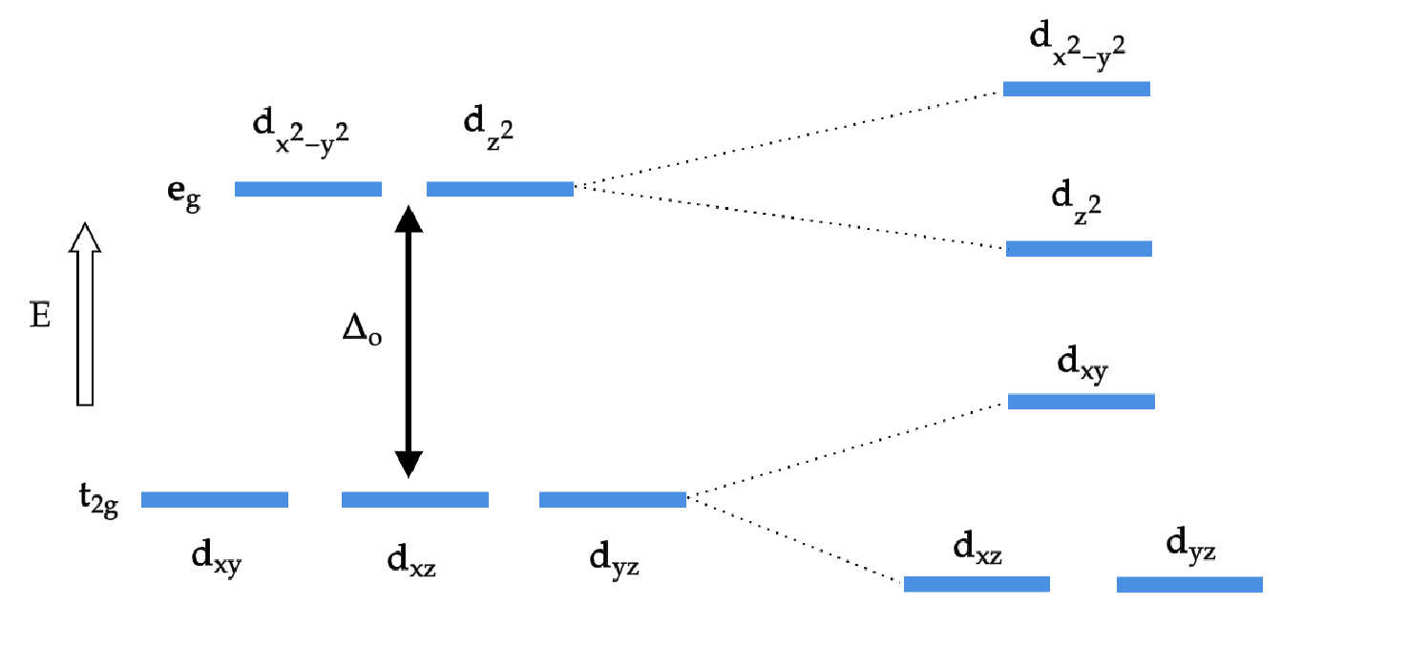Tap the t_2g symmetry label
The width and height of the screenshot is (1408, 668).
tap(98, 500)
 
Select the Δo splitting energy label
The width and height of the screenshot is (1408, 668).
tap(362, 329)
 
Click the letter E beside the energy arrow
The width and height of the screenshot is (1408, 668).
tap(40, 315)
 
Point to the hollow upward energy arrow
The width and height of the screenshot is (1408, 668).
tap(85, 314)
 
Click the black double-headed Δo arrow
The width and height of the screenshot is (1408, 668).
tap(409, 342)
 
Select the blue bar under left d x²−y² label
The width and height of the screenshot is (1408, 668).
tap(308, 189)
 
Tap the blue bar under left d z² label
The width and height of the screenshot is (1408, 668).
tap(500, 189)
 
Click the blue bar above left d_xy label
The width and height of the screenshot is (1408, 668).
tap(215, 500)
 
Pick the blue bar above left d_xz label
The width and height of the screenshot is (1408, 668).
tap(415, 500)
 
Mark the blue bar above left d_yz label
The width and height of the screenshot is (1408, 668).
tap(613, 500)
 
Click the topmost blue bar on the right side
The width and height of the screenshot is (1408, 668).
tap(1077, 89)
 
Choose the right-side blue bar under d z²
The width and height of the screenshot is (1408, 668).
tap(1080, 248)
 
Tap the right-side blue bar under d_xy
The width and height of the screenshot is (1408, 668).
tap(1082, 401)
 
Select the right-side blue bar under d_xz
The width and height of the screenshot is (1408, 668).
tap(977, 584)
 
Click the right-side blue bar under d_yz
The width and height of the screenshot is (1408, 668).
tap(1190, 584)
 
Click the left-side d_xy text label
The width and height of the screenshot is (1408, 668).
tap(217, 559)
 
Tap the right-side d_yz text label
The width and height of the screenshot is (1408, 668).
tap(1190, 544)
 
